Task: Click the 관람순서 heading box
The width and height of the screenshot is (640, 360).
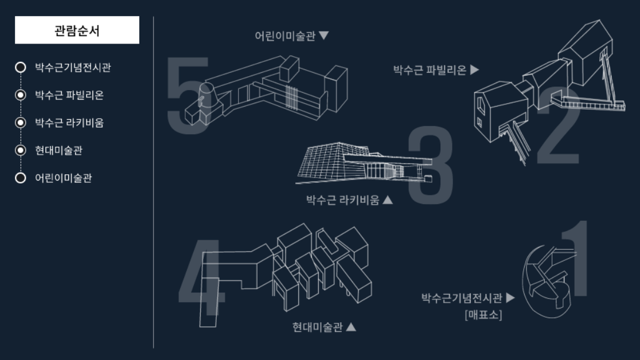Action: pyautogui.click(x=77, y=30)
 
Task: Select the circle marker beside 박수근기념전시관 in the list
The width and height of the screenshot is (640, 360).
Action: pyautogui.click(x=21, y=68)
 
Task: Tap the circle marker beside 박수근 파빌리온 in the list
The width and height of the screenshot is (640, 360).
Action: pyautogui.click(x=21, y=95)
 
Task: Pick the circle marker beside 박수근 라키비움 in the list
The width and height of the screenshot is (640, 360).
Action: pyautogui.click(x=21, y=123)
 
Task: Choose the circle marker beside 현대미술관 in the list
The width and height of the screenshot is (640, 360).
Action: pyautogui.click(x=21, y=150)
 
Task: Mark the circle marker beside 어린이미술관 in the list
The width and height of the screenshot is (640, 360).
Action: pyautogui.click(x=21, y=178)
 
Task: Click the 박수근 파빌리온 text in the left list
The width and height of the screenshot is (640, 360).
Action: pyautogui.click(x=69, y=95)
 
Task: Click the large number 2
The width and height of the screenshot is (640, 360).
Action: pyautogui.click(x=559, y=129)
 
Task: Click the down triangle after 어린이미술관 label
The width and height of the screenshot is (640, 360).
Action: pyautogui.click(x=324, y=36)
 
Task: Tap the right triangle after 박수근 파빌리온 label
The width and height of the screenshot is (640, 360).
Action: pyautogui.click(x=474, y=70)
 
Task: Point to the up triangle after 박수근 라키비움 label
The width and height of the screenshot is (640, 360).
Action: pyautogui.click(x=388, y=200)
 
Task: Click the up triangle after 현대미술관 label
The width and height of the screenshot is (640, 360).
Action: pyautogui.click(x=351, y=327)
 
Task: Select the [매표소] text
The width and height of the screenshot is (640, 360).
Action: pyautogui.click(x=483, y=314)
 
